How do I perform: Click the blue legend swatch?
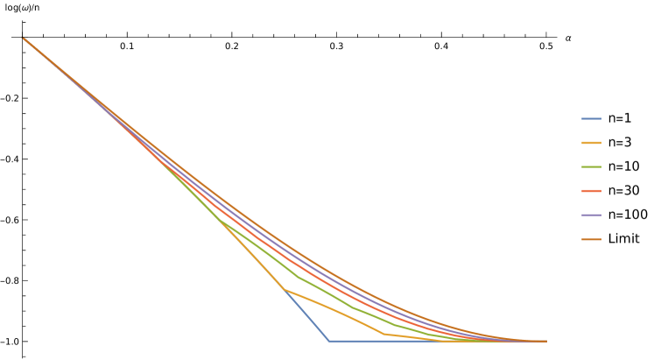(591, 118)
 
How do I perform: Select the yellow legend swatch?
(591, 143)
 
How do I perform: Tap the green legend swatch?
(591, 166)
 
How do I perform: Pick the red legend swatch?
(591, 191)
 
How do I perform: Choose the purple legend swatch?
(591, 215)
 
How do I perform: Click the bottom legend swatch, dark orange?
(591, 239)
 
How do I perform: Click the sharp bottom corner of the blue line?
(328, 341)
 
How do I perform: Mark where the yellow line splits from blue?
(284, 288)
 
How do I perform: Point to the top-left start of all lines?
(22, 37)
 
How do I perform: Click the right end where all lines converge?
(545, 341)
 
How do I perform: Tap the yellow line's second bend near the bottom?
(385, 334)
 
